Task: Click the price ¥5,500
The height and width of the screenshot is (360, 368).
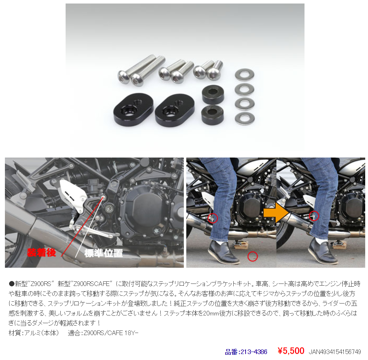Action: [x=291, y=351]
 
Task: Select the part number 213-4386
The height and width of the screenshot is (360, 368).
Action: [x=246, y=352]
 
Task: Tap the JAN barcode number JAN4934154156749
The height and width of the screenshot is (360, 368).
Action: [x=335, y=352]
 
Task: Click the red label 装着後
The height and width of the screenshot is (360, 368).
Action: [x=41, y=253]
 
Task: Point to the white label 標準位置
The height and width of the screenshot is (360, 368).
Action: [x=103, y=253]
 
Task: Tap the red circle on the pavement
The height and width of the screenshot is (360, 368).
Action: [x=253, y=256]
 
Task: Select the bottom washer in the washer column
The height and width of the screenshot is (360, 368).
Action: [x=245, y=118]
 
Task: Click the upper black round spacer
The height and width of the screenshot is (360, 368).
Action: [x=213, y=94]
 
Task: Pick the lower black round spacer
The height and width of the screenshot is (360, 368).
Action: [x=212, y=115]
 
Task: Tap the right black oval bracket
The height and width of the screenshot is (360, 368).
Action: [x=175, y=110]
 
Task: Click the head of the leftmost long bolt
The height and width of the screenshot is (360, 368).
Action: [x=123, y=77]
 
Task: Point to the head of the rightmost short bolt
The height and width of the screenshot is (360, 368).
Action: [x=213, y=75]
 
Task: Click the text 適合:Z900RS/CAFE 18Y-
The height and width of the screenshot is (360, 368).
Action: [x=103, y=333]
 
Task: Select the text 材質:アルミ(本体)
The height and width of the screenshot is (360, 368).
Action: [x=34, y=333]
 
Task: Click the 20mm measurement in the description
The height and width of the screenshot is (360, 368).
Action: [x=211, y=313]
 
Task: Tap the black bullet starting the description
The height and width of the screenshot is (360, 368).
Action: [x=12, y=284]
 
